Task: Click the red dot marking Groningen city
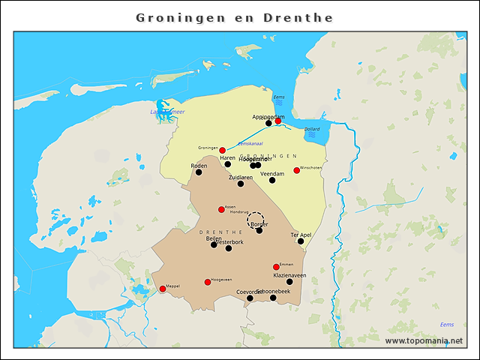222,151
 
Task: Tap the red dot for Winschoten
296,170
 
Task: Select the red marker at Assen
221,209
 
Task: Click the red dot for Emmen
276,267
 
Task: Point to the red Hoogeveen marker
208,282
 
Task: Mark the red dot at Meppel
163,289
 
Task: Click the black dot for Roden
199,172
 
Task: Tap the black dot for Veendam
272,180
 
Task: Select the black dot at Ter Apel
301,241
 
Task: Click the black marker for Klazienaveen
289,282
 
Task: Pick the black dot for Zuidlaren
241,184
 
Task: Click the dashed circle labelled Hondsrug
256,219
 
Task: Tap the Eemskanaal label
249,143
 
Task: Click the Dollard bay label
312,129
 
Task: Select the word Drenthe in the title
298,17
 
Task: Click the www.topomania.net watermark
424,340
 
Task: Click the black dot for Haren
228,164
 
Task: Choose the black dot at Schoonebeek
273,298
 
